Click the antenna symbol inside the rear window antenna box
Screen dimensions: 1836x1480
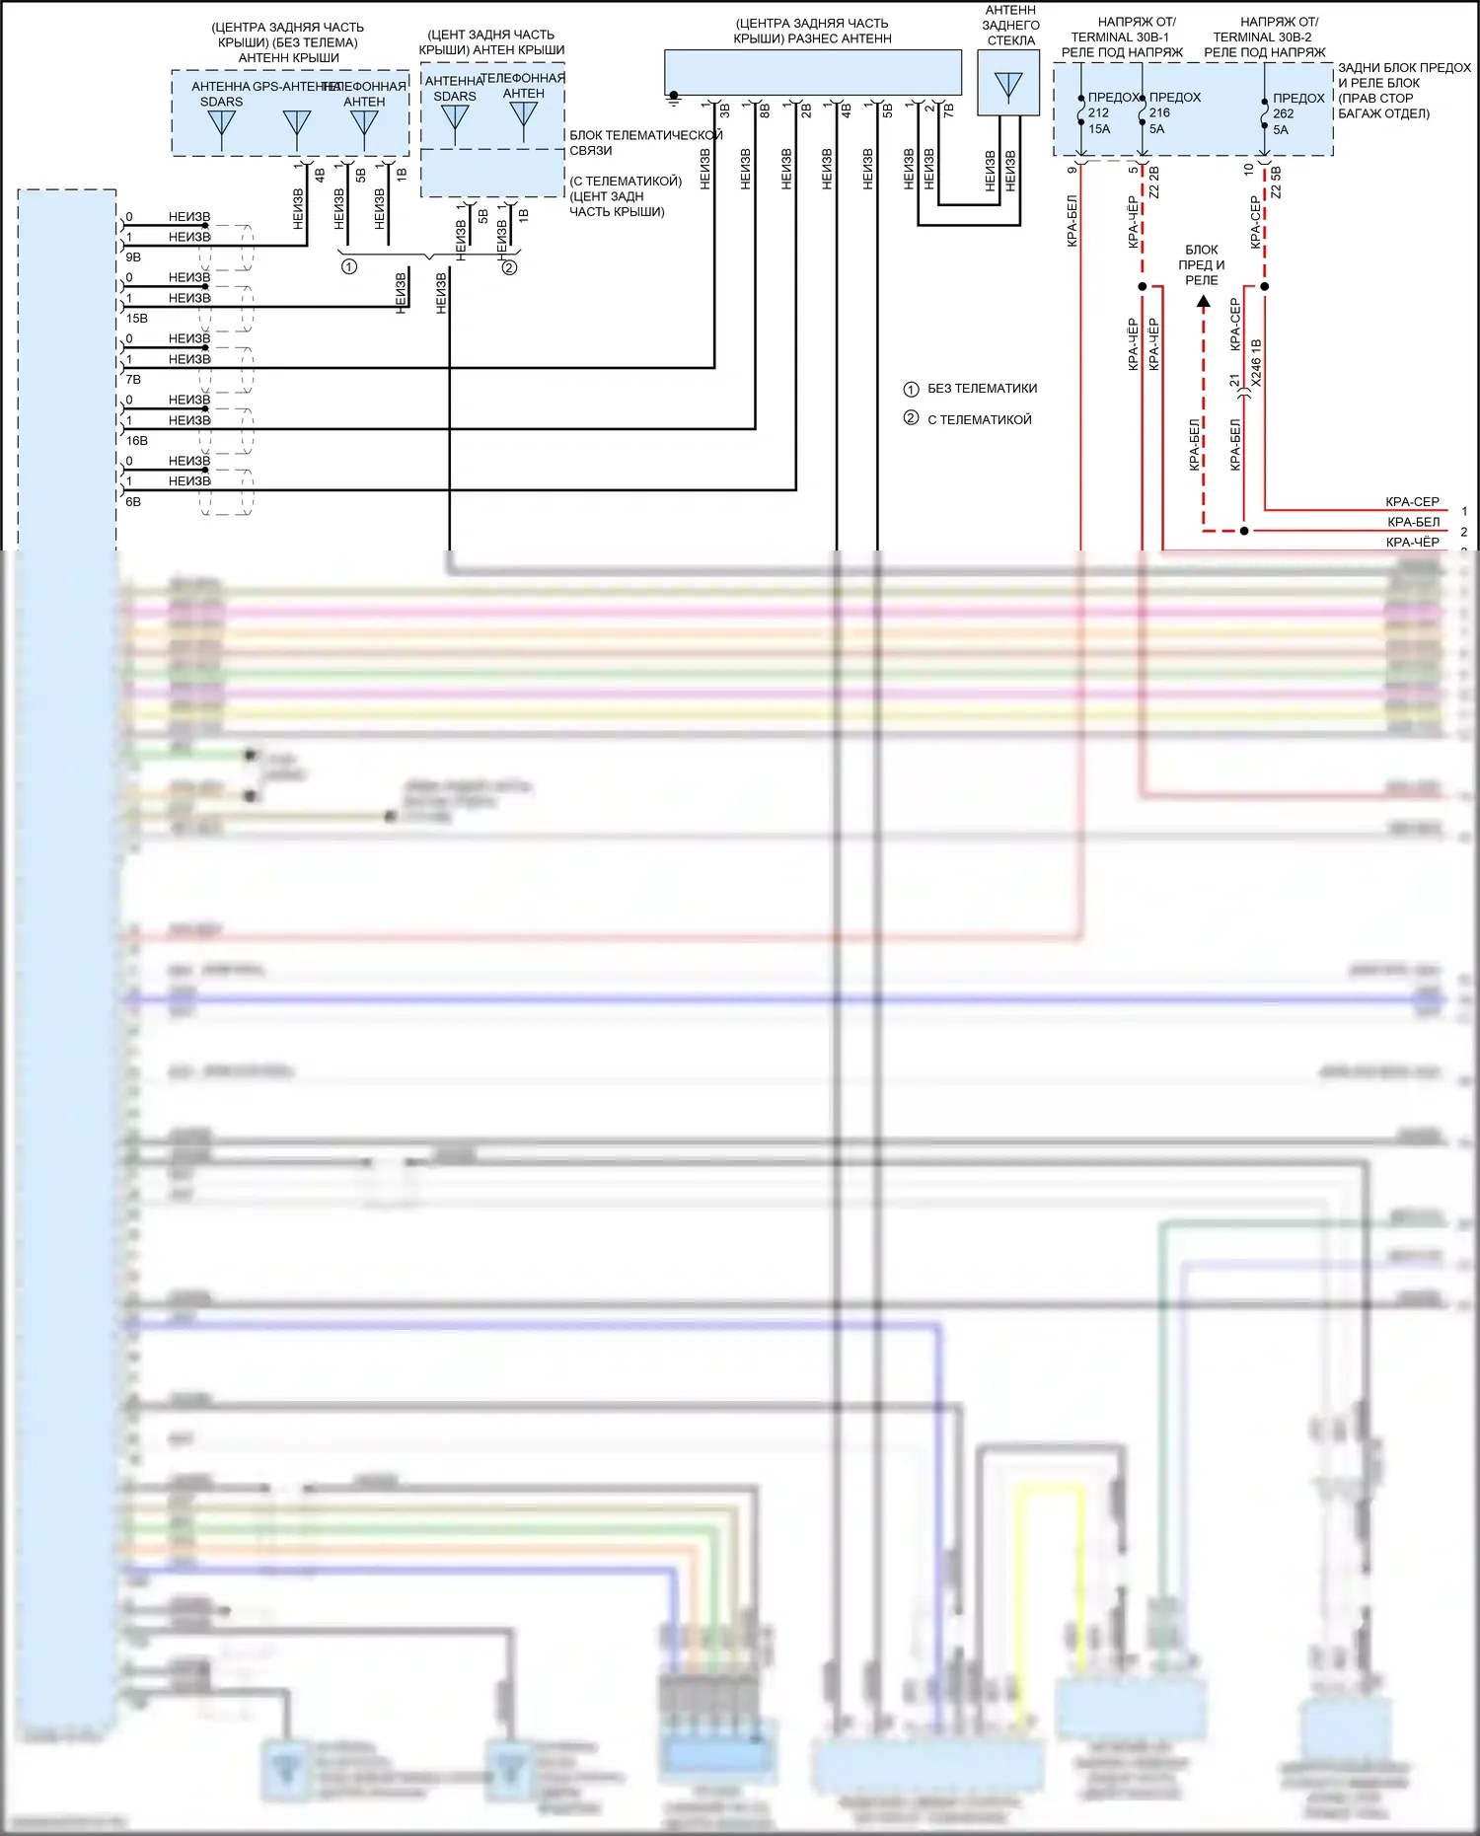[1008, 86]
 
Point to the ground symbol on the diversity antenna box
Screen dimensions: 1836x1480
[674, 99]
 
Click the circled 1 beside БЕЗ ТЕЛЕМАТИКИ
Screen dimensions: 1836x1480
[911, 389]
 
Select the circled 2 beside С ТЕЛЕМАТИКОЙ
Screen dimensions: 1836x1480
[911, 418]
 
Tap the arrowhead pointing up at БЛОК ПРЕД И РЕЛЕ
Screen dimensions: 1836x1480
[1203, 302]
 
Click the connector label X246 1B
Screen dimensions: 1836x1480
[1256, 363]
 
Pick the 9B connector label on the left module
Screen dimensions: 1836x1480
[133, 257]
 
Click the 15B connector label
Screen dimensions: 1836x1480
[136, 319]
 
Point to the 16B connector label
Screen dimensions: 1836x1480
[136, 441]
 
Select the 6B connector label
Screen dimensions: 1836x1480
[133, 502]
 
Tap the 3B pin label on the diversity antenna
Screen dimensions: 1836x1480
[725, 111]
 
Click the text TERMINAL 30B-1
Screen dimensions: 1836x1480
[1120, 37]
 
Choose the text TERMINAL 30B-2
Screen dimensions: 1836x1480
[1262, 37]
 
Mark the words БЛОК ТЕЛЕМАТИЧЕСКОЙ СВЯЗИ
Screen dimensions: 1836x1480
[645, 142]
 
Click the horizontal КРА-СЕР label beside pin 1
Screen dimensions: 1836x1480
[1412, 501]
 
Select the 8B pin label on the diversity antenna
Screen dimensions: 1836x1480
[766, 111]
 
